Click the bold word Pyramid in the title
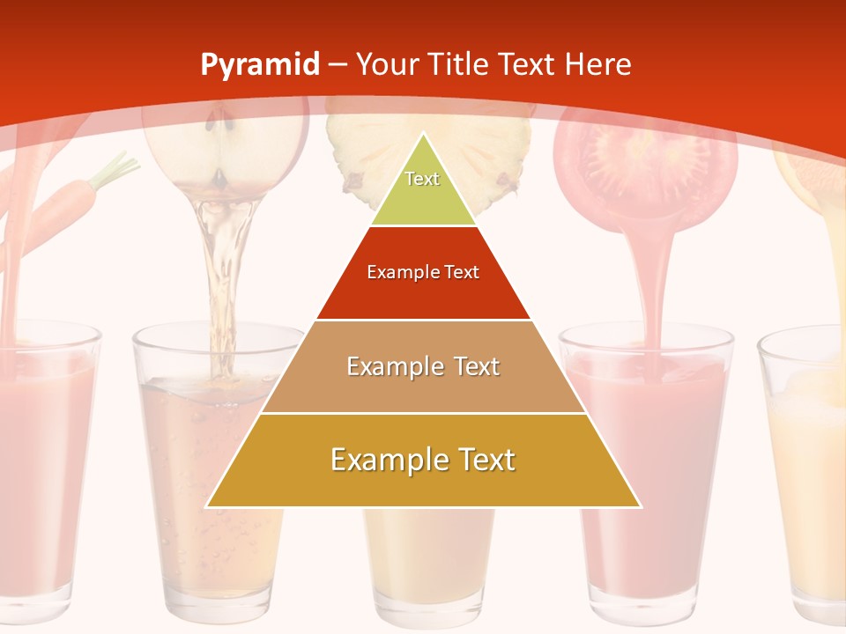(x=259, y=65)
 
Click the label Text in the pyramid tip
(x=422, y=179)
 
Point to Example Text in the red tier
(x=423, y=272)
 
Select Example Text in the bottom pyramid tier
(x=423, y=460)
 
